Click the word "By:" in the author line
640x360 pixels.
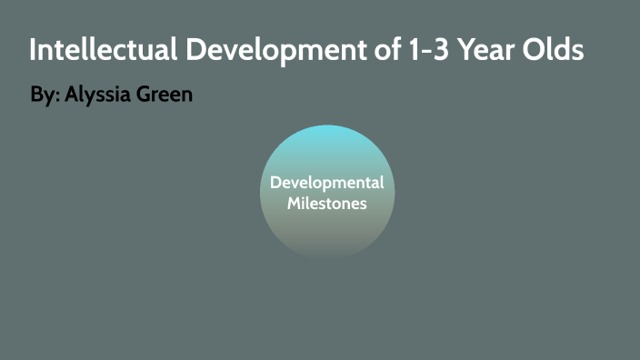tap(43, 95)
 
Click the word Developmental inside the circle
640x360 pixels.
tap(327, 183)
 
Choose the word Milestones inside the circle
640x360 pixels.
tap(327, 203)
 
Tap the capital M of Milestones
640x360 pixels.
tap(295, 203)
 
